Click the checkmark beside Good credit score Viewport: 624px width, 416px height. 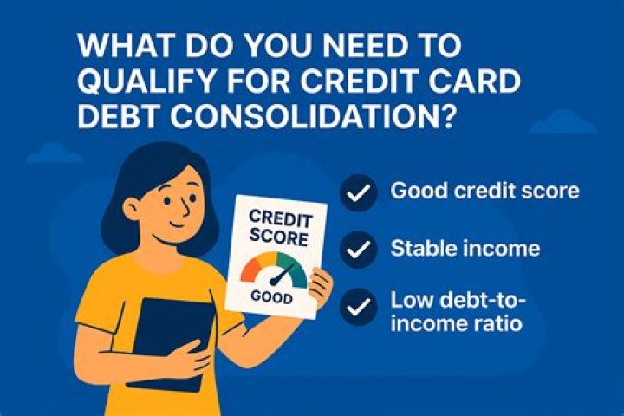[359, 192]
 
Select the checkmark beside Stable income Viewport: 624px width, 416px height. [359, 250]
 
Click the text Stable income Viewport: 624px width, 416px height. [465, 250]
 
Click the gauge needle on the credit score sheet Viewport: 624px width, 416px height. [278, 276]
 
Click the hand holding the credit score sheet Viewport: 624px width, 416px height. [319, 285]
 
